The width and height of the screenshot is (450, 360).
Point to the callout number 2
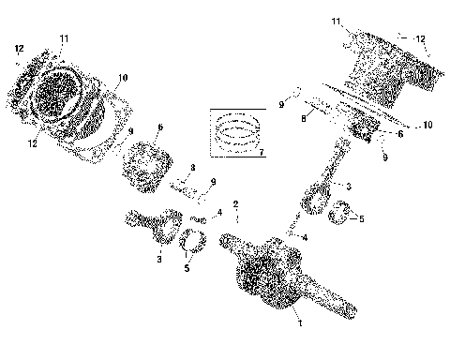coord(236,204)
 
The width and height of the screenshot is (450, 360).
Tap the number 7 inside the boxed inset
coord(261,151)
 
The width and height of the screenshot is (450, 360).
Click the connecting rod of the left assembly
coord(155,229)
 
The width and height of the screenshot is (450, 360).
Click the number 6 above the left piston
coord(160,127)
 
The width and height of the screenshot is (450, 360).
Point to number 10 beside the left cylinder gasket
coord(122,78)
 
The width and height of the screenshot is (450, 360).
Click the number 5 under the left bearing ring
coord(187,268)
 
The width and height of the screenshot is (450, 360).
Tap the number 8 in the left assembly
coord(191,169)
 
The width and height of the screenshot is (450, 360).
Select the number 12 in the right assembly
coord(421,39)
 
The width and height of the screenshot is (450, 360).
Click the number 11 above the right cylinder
coord(337,21)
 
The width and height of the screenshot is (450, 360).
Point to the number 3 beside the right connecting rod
coord(347,187)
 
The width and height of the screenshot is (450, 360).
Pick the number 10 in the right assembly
coord(427,124)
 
